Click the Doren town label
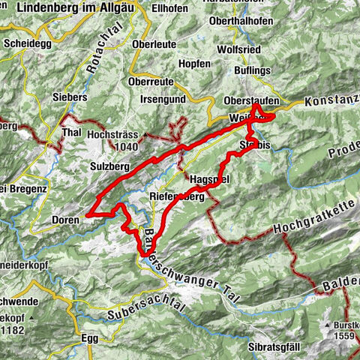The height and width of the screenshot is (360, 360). pos(67,219)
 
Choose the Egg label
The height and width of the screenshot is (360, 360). pos(89,338)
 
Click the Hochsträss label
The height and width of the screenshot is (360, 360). pos(113,136)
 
